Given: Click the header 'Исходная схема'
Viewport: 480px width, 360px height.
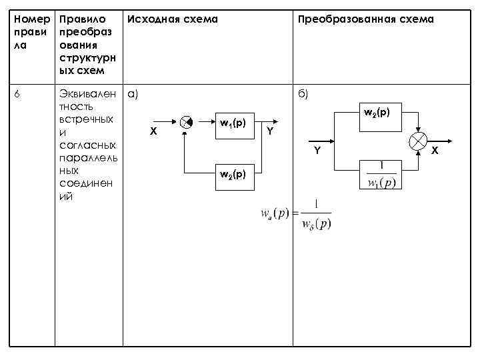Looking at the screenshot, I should [172, 19].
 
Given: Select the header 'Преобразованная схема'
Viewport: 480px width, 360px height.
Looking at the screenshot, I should [365, 19].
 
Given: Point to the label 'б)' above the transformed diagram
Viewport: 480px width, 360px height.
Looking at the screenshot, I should [303, 94].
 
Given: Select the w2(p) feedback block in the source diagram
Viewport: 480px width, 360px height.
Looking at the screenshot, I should [233, 175].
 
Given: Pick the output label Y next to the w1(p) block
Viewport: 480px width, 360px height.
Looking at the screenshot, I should [270, 132].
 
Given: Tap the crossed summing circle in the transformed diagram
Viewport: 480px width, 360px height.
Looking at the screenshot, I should [418, 142].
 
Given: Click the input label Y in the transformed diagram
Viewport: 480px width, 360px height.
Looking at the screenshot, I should [317, 151].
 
